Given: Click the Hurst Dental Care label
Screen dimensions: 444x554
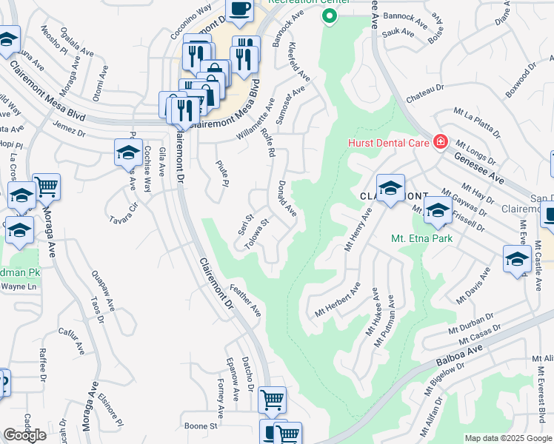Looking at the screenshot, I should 390,141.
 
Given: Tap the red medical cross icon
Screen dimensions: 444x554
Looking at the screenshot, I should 441,141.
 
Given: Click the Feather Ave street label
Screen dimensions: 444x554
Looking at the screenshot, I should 245,300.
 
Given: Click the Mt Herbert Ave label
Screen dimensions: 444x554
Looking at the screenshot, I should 337,301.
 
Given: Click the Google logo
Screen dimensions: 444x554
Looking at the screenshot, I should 24,435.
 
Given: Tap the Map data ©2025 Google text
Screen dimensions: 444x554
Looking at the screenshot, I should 509,438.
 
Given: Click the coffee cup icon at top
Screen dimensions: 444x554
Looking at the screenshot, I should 239,9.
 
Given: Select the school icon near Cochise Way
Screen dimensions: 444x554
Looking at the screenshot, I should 128,153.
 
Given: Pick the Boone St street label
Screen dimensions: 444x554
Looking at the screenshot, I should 201,426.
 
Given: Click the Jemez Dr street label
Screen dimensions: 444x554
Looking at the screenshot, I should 70,129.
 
